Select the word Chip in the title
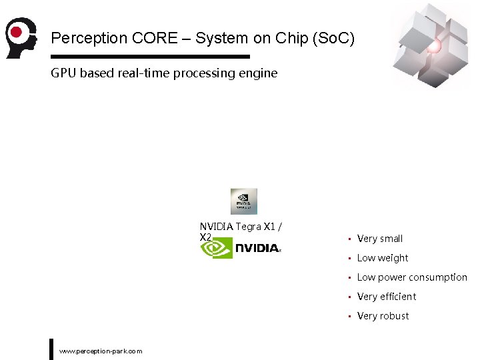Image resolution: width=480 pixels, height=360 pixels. (275, 38)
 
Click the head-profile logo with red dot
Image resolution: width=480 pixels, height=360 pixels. (21, 37)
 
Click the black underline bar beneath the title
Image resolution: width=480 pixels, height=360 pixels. (150, 57)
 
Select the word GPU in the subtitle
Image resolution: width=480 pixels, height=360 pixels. (64, 73)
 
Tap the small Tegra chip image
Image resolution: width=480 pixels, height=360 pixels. (243, 201)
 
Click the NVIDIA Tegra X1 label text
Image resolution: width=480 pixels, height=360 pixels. (240, 227)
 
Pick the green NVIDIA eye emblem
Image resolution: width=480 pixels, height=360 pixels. (217, 248)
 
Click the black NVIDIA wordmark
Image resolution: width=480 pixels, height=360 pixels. (257, 248)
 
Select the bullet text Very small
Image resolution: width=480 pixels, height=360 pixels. (379, 239)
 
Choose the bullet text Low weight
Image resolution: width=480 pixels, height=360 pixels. (382, 258)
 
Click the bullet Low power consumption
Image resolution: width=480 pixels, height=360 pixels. (411, 277)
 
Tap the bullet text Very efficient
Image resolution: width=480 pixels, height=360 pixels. (386, 297)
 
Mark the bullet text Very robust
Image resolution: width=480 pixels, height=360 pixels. (383, 316)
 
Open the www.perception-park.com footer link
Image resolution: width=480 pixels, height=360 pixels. (101, 351)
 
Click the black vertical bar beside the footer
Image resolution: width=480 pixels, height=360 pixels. (51, 349)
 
